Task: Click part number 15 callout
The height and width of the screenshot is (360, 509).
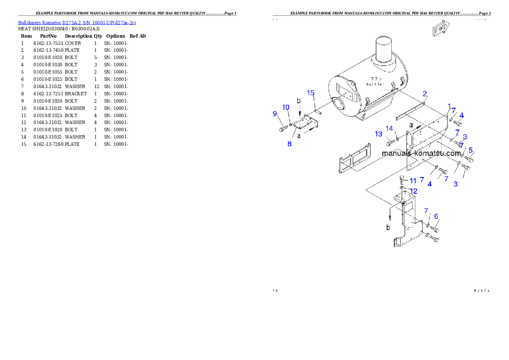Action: [311, 93]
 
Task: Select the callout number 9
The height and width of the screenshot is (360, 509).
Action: [275, 113]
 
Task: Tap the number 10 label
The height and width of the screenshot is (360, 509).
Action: [286, 107]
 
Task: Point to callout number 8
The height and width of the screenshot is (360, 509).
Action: [290, 144]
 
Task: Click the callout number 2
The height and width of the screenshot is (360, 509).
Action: [425, 94]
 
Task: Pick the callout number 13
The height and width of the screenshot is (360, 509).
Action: [379, 134]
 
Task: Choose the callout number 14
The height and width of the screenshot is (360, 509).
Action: [389, 128]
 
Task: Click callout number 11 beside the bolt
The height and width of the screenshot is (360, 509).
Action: [413, 181]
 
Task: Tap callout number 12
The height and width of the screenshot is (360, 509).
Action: [414, 191]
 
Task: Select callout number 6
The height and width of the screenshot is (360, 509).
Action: [436, 216]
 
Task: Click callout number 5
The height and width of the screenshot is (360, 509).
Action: [471, 150]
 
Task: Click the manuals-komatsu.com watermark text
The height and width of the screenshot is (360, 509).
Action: [421, 153]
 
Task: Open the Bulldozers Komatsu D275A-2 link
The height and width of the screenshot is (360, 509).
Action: [77, 23]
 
